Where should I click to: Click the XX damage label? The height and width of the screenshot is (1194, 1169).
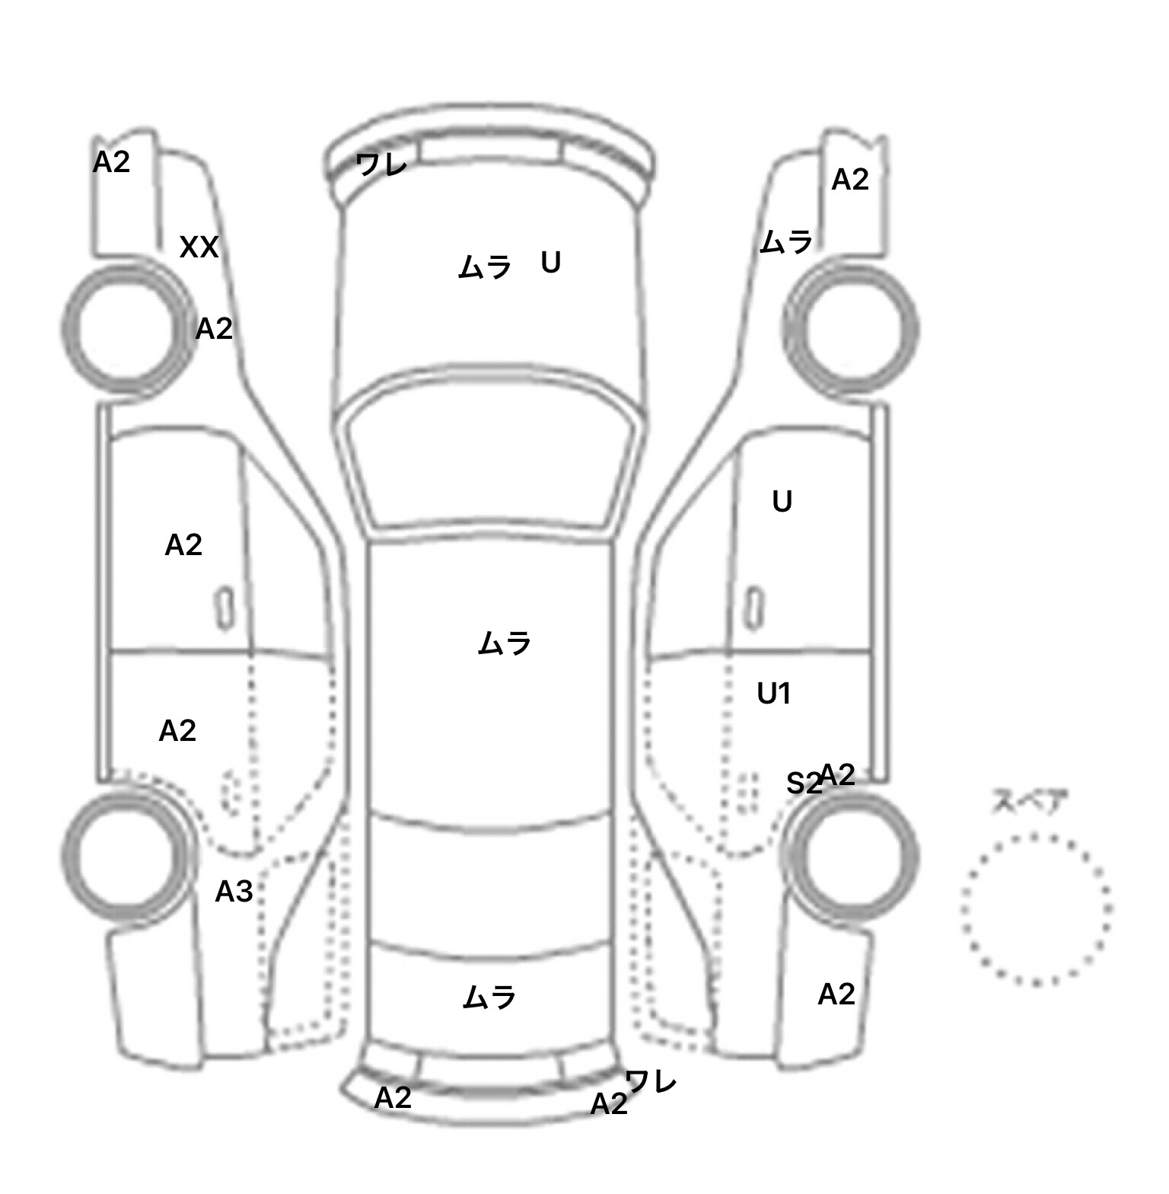click(199, 247)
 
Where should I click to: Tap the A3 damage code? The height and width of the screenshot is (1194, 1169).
click(234, 891)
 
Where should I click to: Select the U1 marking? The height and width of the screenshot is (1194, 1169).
click(774, 694)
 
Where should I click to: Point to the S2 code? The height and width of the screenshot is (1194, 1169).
click(803, 783)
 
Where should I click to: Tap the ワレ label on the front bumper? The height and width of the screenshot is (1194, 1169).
click(381, 164)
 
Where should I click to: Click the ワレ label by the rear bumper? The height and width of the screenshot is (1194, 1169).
click(650, 1081)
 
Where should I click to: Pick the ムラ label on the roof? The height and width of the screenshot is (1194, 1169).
click(504, 644)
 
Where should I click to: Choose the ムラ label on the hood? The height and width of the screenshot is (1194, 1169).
click(484, 267)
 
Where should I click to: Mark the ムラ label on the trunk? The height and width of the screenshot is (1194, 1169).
click(489, 998)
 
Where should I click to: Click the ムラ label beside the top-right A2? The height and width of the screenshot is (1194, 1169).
click(786, 242)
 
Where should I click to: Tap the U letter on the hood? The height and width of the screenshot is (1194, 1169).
click(550, 263)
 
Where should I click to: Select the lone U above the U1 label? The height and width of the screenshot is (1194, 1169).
click(782, 501)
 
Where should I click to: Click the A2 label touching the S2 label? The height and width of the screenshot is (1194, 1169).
click(836, 775)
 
